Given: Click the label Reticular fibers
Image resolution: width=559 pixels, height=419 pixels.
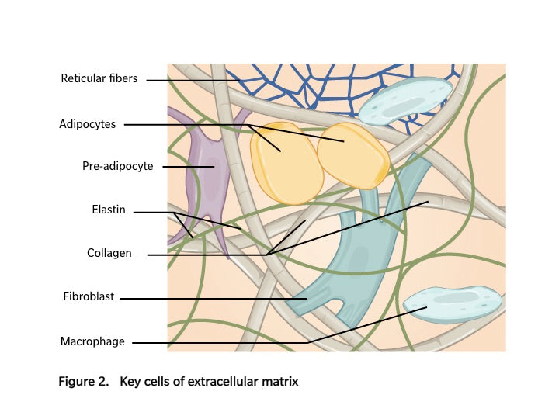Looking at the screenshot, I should (x=99, y=78).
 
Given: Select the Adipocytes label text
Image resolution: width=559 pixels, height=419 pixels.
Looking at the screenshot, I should (x=88, y=123).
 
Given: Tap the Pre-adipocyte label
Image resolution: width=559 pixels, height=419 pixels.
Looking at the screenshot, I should (x=117, y=165).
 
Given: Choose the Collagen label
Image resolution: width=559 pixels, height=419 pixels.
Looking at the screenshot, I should (x=109, y=253).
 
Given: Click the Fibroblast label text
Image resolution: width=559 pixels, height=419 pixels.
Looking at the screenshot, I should (x=89, y=296).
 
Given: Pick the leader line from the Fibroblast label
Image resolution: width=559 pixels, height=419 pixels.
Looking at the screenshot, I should (x=210, y=297).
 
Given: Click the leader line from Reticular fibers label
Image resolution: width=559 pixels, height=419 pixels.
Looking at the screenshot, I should (x=194, y=79).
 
